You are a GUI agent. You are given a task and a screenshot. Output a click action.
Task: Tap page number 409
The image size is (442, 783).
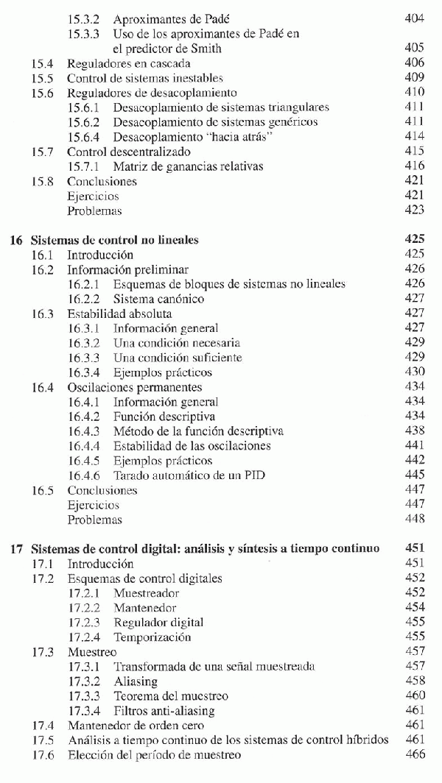point(415,78)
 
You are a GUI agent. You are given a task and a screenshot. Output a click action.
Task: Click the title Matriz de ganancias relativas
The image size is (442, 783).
point(188,166)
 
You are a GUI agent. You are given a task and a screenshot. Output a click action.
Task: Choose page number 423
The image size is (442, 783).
point(415,210)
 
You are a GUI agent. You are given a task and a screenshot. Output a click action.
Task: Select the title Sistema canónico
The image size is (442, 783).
point(158,299)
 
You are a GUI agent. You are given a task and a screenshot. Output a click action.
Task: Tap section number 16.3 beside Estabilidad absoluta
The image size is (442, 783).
point(43,313)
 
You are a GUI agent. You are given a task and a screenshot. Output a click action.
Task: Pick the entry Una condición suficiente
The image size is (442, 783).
point(178,358)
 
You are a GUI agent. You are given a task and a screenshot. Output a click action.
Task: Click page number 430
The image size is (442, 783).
point(415,372)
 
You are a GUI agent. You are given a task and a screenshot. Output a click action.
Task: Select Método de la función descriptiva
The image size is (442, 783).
point(198,431)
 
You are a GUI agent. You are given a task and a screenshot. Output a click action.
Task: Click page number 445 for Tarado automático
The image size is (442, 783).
point(415,475)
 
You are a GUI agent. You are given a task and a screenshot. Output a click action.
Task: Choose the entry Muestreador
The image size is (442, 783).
point(146,592)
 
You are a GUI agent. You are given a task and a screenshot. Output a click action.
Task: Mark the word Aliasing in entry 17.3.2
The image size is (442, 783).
point(136,681)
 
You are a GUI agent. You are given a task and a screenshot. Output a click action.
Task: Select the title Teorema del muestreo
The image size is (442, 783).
point(171,695)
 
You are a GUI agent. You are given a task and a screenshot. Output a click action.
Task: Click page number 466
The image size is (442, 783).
point(415,754)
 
